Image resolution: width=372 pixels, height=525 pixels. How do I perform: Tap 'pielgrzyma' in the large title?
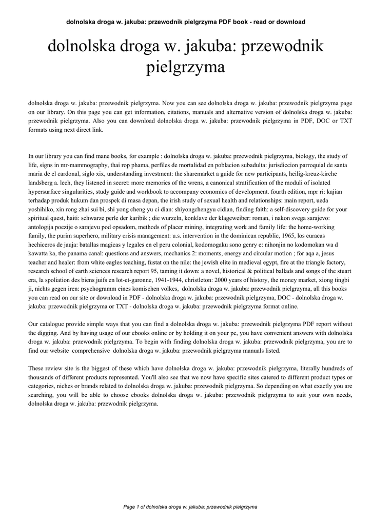coord(186,67)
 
